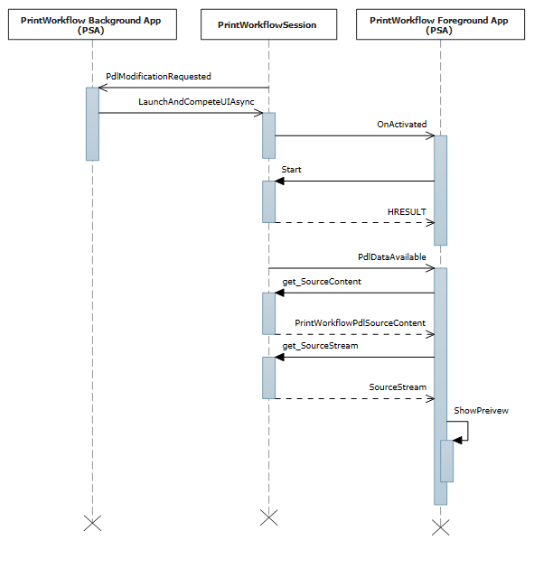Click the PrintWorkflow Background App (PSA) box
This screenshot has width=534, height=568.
click(91, 25)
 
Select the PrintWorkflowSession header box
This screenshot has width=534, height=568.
click(267, 25)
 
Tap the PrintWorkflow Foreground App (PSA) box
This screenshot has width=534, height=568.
click(440, 25)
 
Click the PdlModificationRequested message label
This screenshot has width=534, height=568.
click(158, 77)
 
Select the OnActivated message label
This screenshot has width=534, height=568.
click(402, 125)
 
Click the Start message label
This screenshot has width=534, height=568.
click(292, 170)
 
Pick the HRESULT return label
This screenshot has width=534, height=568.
click(407, 211)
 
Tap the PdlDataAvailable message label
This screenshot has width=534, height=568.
click(392, 256)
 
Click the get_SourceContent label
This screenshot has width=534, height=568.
click(322, 282)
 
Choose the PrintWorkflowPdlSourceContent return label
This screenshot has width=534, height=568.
click(360, 322)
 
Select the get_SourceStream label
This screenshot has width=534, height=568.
click(320, 346)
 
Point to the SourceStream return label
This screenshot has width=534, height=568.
click(398, 386)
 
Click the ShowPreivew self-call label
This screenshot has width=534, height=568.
click(481, 410)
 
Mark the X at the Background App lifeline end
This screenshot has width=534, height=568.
click(92, 522)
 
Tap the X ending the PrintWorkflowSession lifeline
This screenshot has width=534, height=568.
click(268, 517)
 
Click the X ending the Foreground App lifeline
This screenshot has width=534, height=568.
click(440, 526)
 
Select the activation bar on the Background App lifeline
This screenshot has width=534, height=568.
click(92, 124)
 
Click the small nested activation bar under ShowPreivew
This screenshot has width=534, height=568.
click(446, 461)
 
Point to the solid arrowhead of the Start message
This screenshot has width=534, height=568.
click(280, 181)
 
